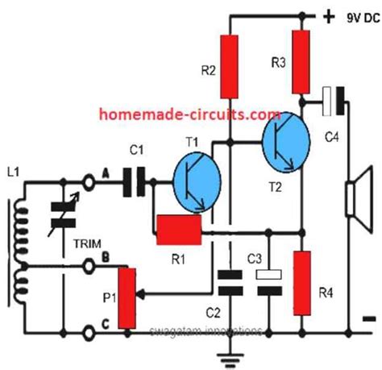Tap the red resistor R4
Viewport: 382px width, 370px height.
[303, 282]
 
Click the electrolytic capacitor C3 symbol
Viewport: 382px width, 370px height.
[268, 281]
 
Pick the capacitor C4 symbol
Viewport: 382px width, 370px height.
[333, 100]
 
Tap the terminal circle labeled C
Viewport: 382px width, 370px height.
[89, 331]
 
